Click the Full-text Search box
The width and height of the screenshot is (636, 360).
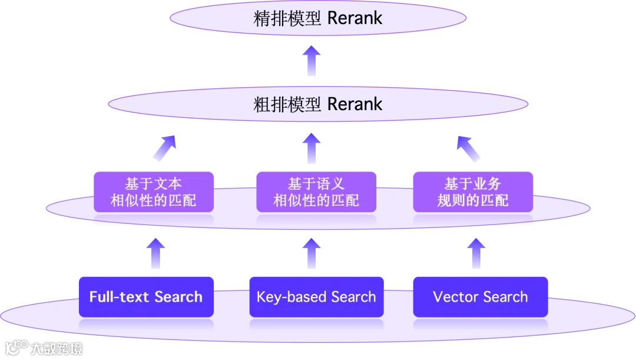pos(146,297)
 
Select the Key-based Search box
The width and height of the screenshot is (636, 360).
pos(316,297)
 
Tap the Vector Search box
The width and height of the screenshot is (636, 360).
pos(481,297)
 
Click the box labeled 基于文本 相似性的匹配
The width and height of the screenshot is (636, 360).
pos(153,192)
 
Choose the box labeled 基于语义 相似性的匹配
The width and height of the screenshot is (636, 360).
pos(316,192)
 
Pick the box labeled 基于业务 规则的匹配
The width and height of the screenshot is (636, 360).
pos(473,192)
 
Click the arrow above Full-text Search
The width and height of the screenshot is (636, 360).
pos(155,253)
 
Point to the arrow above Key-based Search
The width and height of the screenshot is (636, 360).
pos(312,253)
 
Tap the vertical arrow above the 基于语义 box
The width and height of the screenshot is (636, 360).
pos(312,148)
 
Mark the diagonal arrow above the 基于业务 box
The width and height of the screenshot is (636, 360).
pos(469,148)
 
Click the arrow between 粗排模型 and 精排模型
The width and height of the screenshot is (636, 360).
pos(312,61)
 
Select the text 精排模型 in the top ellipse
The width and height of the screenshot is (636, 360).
pos(287,18)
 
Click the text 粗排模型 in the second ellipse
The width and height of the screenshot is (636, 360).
pos(287,105)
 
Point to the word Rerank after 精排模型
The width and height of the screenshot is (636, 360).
pos(355,18)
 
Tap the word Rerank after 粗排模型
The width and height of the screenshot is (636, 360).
pos(355,105)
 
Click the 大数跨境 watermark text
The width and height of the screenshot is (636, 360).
pos(57,348)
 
